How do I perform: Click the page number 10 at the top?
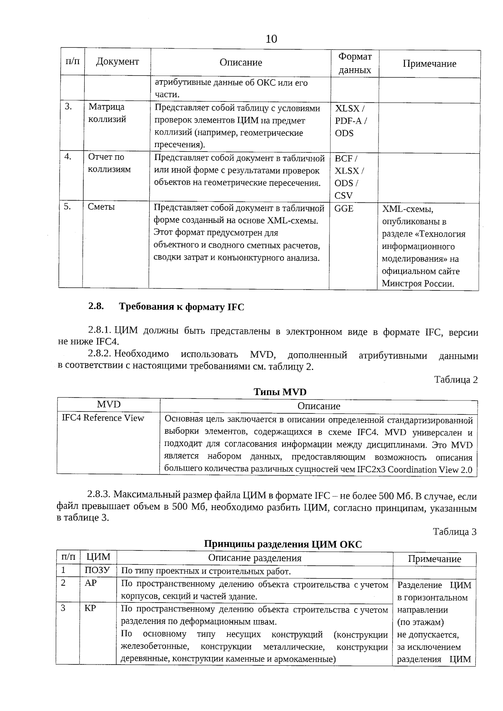[x=271, y=39]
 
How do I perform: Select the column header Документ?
[x=117, y=62]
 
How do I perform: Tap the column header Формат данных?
[x=355, y=63]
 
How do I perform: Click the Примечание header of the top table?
[x=429, y=64]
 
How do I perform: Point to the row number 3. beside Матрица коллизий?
[x=68, y=107]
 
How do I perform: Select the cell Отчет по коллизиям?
[x=109, y=163]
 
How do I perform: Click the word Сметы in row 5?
[x=101, y=207]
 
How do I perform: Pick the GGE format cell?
[x=344, y=208]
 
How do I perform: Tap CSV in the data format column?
[x=343, y=196]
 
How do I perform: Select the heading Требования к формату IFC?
[x=181, y=307]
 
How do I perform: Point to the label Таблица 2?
[x=456, y=380]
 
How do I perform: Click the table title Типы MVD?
[x=280, y=392]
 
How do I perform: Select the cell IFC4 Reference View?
[x=103, y=418]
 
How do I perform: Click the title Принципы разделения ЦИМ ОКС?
[x=283, y=544]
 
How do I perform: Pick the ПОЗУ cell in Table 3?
[x=97, y=570]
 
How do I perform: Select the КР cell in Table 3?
[x=90, y=608]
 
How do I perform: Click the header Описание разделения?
[x=254, y=558]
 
